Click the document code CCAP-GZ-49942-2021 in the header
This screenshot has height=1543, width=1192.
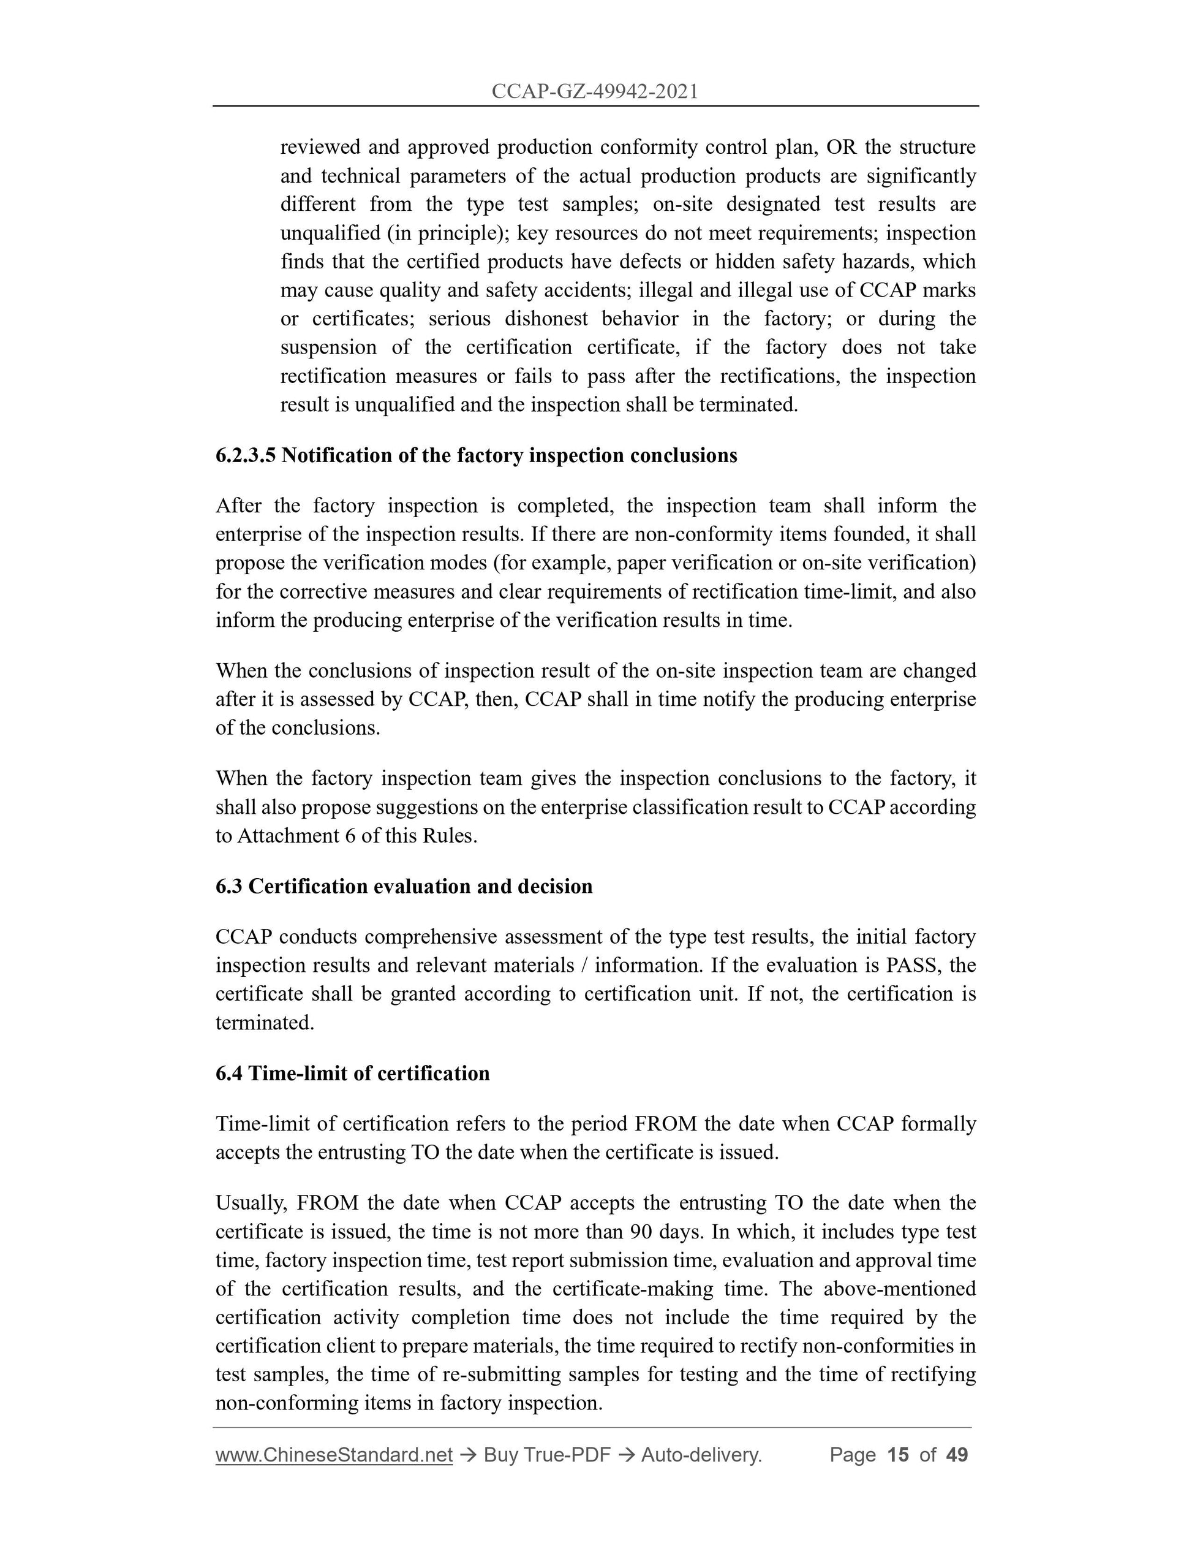coord(595,91)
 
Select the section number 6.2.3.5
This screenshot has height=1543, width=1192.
coord(246,456)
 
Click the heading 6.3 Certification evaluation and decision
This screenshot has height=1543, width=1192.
coord(404,886)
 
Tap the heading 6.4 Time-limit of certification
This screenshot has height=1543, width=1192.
coord(352,1073)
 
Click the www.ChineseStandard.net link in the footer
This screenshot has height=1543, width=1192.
coord(333,1455)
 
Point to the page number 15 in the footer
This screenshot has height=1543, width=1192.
coord(897,1455)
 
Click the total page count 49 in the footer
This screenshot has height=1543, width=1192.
coord(956,1455)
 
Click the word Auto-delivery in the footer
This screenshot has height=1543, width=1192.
coord(701,1455)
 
